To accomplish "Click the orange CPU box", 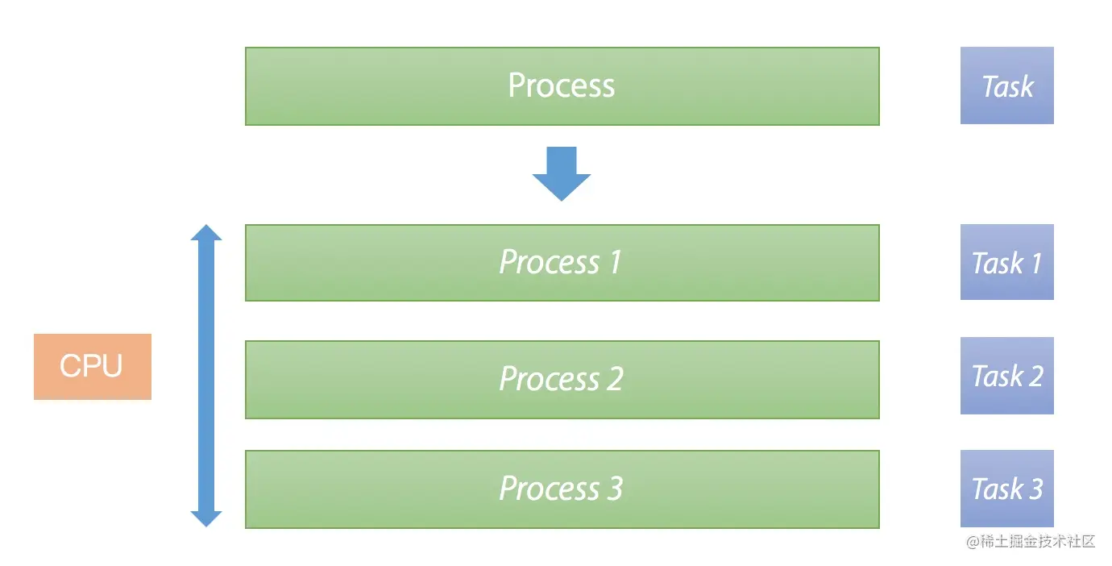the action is (93, 367).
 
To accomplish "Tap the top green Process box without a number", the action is (562, 86).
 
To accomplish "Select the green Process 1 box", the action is (562, 263).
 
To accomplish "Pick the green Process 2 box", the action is (562, 380).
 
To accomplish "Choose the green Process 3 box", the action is (562, 489).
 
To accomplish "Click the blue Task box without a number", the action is (1006, 85).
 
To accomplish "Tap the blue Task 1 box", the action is (1006, 262).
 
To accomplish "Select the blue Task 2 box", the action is (1006, 376).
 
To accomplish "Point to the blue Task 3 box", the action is (1006, 489).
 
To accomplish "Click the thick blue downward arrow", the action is (562, 174).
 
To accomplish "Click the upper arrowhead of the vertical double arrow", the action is (206, 232).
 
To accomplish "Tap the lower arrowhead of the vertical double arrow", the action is (206, 518).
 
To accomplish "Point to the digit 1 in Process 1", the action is (616, 261).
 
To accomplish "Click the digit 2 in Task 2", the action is (1035, 375).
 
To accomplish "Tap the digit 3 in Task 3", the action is (1035, 489).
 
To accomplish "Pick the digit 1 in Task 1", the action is (1036, 263).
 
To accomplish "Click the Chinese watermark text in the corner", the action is (1031, 541).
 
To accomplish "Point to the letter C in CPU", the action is (69, 366).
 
